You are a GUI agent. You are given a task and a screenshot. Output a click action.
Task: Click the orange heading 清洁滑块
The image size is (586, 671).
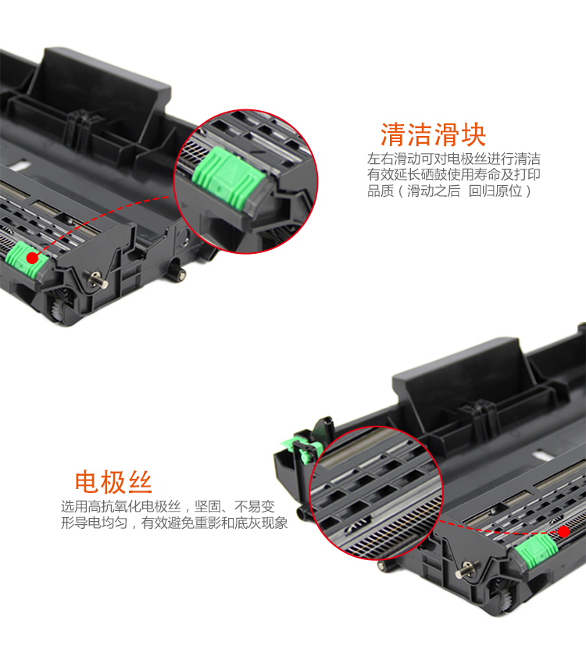click(x=433, y=135)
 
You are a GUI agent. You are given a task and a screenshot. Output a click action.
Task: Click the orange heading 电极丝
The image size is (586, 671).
click(x=113, y=482)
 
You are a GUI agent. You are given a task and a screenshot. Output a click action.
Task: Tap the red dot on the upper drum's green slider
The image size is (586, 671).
click(x=32, y=258)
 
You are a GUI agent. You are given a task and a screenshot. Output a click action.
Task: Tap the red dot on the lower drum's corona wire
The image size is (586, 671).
click(x=564, y=532)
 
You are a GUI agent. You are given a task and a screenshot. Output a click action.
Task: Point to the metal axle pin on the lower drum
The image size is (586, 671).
click(x=466, y=569)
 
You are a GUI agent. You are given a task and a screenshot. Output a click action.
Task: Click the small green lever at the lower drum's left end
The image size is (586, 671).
click(x=302, y=449)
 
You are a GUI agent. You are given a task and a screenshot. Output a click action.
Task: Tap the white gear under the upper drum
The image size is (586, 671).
click(x=56, y=309)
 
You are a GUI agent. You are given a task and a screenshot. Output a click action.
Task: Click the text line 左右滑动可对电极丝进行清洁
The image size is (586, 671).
click(x=454, y=159)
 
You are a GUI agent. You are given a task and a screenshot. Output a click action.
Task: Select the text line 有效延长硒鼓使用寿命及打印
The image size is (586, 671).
click(x=454, y=175)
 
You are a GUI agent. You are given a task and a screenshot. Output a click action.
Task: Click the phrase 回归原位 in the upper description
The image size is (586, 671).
click(x=495, y=191)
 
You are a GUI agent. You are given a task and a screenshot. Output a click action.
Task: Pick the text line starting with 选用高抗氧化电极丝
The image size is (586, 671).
click(x=168, y=507)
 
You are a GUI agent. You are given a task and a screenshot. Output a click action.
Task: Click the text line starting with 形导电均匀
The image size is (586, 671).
click(x=174, y=523)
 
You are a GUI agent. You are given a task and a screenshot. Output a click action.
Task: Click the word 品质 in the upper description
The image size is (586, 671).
click(x=381, y=191)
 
